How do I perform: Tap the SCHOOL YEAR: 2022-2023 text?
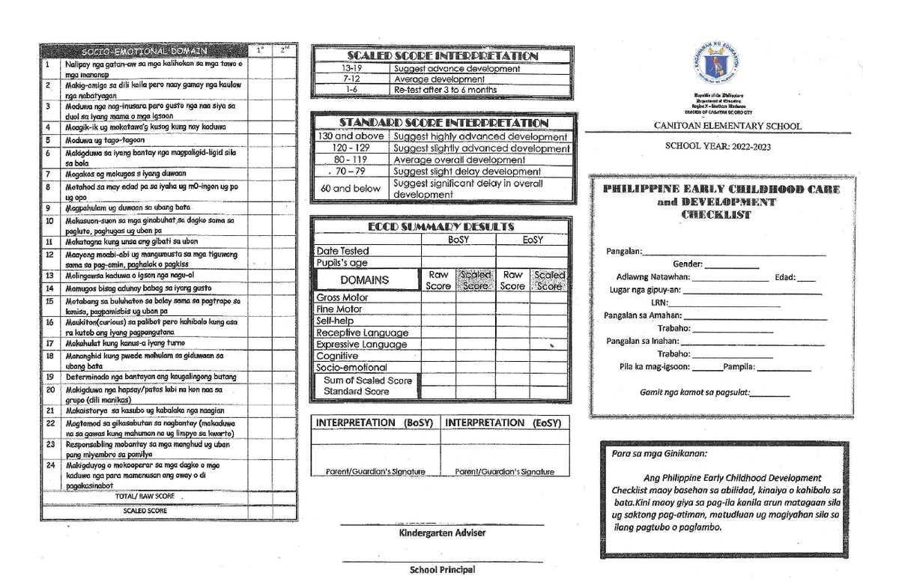pyautogui.click(x=718, y=146)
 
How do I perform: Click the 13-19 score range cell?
pyautogui.click(x=351, y=69)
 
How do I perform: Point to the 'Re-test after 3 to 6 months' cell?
pyautogui.click(x=445, y=90)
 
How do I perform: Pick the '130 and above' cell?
pyautogui.click(x=351, y=137)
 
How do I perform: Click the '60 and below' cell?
pyautogui.click(x=351, y=189)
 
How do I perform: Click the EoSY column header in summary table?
pyautogui.click(x=532, y=240)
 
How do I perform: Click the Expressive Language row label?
pyautogui.click(x=361, y=345)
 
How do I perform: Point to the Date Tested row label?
pyautogui.click(x=342, y=252)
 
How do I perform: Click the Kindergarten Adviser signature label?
pyautogui.click(x=441, y=533)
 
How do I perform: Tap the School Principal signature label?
pyautogui.click(x=442, y=570)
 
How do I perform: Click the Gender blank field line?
pyautogui.click(x=731, y=266)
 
